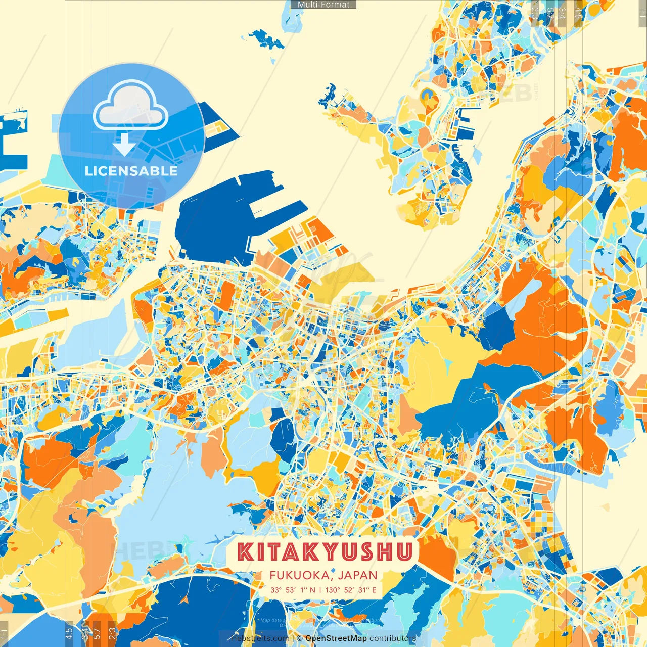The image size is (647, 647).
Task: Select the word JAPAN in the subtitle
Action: click(358, 575)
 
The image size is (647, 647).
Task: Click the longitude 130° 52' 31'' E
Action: click(351, 590)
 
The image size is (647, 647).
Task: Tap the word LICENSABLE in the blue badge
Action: click(131, 171)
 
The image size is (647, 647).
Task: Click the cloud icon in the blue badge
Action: click(130, 107)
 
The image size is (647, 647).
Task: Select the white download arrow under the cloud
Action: click(124, 144)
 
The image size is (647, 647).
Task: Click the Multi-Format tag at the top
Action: click(323, 5)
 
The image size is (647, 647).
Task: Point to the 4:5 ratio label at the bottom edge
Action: click(69, 633)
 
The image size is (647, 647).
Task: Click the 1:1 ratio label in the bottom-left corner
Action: click(5, 633)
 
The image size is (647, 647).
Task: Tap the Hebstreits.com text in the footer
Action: click(260, 638)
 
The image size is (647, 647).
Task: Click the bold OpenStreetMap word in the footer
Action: click(336, 638)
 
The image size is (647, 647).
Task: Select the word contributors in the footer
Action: click(393, 638)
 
